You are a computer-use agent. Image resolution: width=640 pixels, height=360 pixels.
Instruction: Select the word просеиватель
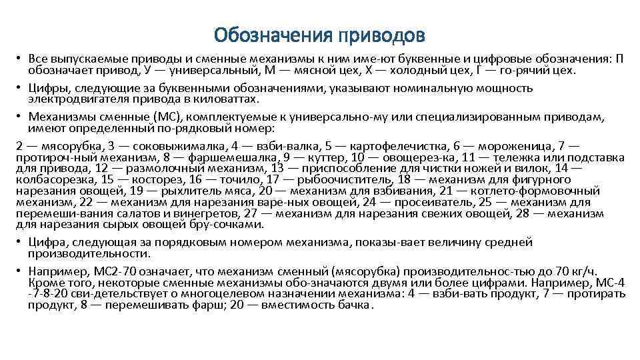(x=426, y=202)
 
